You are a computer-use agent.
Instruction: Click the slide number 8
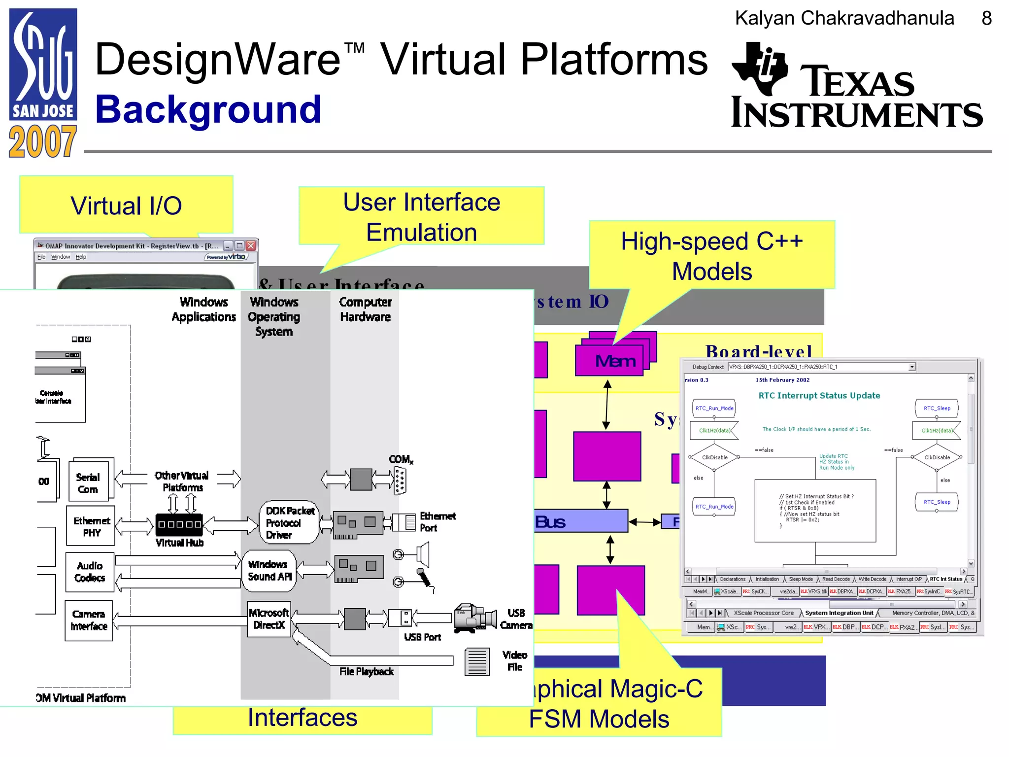(986, 19)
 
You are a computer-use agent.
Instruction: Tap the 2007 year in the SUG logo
(42, 142)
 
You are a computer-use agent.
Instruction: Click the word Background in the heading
(208, 109)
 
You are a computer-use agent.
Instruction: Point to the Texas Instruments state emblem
(760, 68)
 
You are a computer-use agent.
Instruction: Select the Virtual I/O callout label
(126, 206)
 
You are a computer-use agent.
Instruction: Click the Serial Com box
(88, 483)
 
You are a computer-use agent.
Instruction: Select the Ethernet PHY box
(91, 526)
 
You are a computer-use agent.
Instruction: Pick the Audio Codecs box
(90, 572)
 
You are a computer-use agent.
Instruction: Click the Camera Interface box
(89, 620)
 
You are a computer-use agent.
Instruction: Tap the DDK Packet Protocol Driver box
(289, 522)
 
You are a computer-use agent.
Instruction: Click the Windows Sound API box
(269, 570)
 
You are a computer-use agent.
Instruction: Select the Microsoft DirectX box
(269, 619)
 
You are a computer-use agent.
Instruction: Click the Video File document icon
(477, 662)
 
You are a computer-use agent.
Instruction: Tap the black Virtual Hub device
(179, 524)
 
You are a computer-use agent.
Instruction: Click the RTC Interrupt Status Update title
(819, 395)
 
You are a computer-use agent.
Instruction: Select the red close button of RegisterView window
(251, 245)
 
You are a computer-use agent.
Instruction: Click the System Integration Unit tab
(839, 613)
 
